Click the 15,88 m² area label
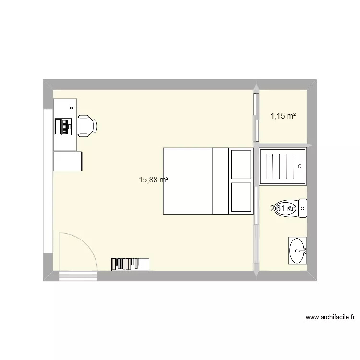(154, 180)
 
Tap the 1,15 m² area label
(283, 116)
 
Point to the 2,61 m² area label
(283, 208)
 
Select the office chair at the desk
(87, 126)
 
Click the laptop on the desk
(63, 126)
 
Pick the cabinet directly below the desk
(67, 161)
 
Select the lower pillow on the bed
(241, 197)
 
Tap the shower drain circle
(300, 166)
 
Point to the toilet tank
(302, 208)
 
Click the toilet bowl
(286, 208)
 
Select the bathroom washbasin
(298, 250)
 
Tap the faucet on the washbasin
(303, 250)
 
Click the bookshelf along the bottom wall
(130, 264)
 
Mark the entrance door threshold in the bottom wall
(78, 276)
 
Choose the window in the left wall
(48, 180)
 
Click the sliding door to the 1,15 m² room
(256, 115)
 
